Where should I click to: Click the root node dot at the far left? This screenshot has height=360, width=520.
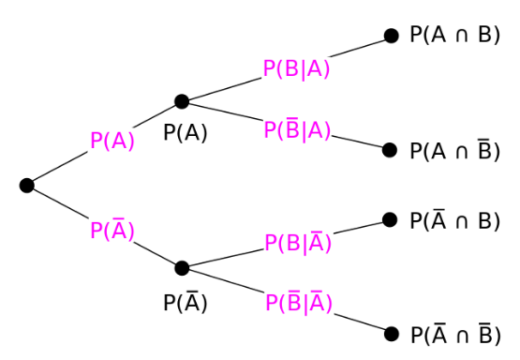coord(26,186)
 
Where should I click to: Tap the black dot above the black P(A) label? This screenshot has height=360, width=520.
coord(182,101)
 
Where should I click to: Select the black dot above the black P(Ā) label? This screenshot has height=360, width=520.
coord(182,268)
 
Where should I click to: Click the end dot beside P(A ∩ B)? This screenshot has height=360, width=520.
coord(391,37)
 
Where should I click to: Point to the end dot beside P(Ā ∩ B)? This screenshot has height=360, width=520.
coord(391,220)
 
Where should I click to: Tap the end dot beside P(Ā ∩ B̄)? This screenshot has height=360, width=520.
coord(391,334)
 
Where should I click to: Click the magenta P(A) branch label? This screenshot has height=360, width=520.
coord(112,141)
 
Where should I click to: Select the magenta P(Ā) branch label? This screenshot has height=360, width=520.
coord(112,230)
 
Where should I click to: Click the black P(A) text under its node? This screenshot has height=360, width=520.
coord(186,133)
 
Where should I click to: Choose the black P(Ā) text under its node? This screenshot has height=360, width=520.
coord(186,302)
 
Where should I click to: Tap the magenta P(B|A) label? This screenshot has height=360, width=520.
coord(296,70)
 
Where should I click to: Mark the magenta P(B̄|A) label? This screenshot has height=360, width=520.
coord(297,130)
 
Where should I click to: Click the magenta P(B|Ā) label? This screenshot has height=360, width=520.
coord(299,243)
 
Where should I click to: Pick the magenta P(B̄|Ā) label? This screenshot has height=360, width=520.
coord(299,303)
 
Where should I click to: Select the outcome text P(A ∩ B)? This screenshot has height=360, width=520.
coord(453,36)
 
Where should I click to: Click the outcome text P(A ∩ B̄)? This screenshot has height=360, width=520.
coord(453,150)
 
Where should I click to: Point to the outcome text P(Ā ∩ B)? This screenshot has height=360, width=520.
coord(453,220)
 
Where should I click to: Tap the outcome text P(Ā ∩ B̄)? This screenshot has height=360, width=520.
coord(453,334)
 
